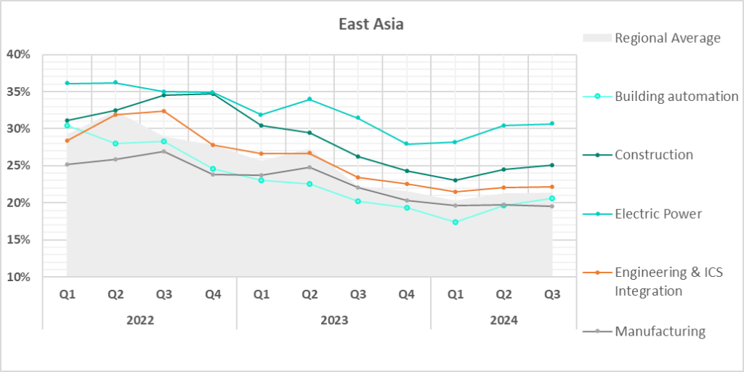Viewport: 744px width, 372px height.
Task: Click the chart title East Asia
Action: [x=371, y=24]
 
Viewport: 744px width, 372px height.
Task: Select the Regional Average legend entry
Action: [x=667, y=38]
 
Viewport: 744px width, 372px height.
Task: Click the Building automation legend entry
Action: [x=676, y=97]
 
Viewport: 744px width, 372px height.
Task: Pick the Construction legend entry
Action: [x=653, y=155]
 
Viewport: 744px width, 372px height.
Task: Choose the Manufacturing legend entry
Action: [x=660, y=331]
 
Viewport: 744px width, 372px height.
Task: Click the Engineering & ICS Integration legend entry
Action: [x=668, y=281]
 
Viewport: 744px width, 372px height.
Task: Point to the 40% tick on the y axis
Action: [x=19, y=54]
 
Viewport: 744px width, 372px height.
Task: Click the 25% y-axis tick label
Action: [x=19, y=166]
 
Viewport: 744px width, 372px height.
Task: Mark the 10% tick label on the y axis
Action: [x=19, y=277]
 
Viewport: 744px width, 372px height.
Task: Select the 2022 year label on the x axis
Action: [x=139, y=320]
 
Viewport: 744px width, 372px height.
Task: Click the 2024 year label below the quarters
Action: [x=504, y=320]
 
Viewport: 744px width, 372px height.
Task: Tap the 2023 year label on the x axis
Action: [x=333, y=320]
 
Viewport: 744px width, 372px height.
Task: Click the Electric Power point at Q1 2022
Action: [x=67, y=84]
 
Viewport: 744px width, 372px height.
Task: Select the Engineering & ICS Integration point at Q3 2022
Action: [x=164, y=111]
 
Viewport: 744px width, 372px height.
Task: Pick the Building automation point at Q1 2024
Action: [x=456, y=222]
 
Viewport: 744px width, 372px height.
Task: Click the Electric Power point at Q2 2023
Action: [x=310, y=99]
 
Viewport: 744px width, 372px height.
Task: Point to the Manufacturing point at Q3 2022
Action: [x=164, y=151]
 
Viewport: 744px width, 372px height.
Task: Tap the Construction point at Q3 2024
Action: [x=552, y=165]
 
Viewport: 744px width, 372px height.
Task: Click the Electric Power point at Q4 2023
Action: [x=407, y=144]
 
